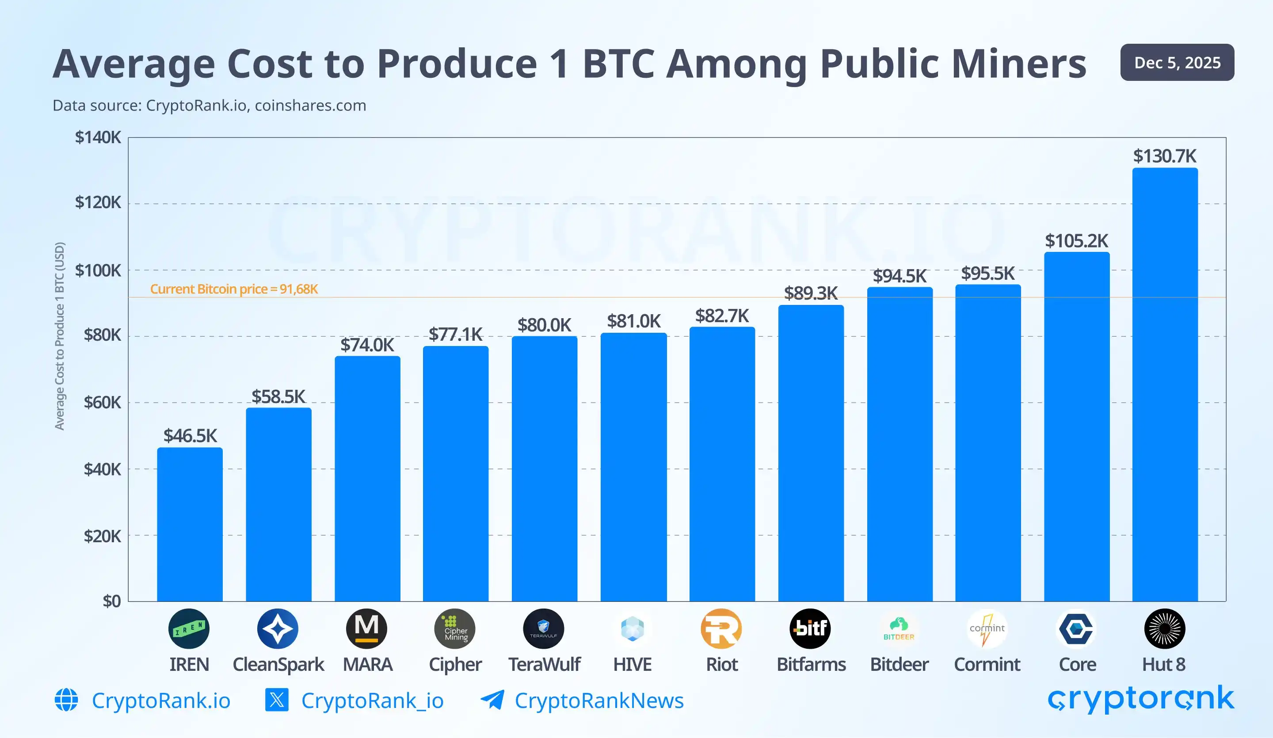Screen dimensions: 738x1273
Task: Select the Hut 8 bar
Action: tap(1164, 384)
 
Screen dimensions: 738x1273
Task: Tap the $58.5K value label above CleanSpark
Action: tap(278, 396)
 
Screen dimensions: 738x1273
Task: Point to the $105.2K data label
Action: tap(1076, 241)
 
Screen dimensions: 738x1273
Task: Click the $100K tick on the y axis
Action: tap(98, 271)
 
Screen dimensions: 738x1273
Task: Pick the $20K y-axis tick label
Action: tap(102, 536)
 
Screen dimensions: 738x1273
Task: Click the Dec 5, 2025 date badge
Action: tap(1177, 63)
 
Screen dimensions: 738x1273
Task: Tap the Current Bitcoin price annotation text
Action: tap(234, 289)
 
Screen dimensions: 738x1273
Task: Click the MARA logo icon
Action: tap(367, 628)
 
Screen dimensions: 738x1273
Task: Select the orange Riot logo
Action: tap(721, 628)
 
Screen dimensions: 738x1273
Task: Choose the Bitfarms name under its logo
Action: tap(811, 664)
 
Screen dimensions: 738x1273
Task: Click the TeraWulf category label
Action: tap(544, 664)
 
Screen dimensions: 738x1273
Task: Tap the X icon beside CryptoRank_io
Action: tap(276, 700)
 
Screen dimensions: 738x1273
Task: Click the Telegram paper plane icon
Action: tap(492, 700)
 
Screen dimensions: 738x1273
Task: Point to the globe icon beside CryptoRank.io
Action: tap(66, 700)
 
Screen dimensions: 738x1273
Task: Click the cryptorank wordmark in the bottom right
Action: tap(1141, 699)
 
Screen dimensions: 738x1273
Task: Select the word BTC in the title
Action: tap(618, 64)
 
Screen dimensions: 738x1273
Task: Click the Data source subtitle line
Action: tap(209, 106)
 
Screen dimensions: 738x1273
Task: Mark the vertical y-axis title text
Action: tap(60, 336)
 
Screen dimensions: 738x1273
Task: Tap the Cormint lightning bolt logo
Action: tap(987, 628)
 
